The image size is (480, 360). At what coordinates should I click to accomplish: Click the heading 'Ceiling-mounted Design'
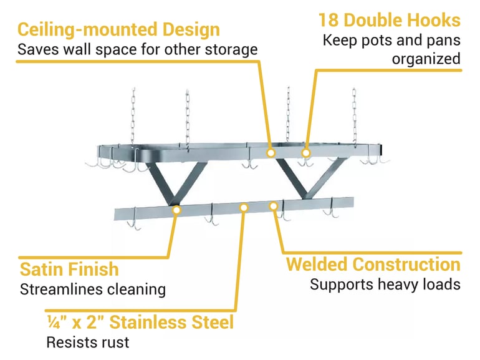coord(118,29)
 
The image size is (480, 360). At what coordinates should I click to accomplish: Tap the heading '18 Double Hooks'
coord(390,20)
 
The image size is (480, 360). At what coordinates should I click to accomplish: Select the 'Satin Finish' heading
coord(69,269)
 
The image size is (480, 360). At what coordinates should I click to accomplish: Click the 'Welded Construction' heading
coord(373,264)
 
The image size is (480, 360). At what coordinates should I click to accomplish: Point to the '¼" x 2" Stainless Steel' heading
coord(140,322)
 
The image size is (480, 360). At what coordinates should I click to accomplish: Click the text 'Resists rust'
coord(87,342)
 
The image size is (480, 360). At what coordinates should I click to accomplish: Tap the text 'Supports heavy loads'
coord(385,285)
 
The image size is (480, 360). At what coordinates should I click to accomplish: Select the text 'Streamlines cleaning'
coord(93,289)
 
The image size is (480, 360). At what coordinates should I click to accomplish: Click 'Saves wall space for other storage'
coord(137,49)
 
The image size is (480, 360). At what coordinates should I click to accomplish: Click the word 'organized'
coord(426,59)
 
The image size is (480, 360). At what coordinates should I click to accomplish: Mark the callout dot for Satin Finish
coord(176,210)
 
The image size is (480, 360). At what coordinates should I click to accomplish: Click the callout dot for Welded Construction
coord(273,205)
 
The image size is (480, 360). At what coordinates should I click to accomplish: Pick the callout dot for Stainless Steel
coord(244,207)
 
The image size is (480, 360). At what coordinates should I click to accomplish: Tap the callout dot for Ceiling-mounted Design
coord(271,153)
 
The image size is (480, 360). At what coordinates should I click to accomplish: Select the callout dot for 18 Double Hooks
coord(305,152)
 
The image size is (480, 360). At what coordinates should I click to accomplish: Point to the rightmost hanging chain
coord(354,115)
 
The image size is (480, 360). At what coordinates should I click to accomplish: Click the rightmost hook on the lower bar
coord(330,212)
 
